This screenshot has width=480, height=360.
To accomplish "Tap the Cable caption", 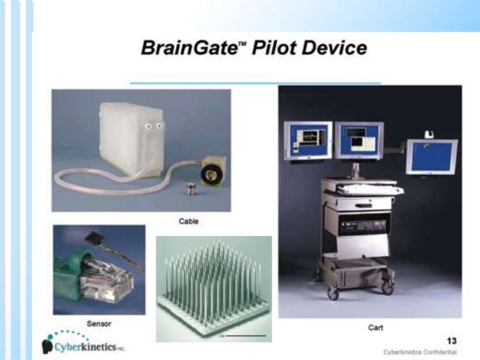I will pos(189,221).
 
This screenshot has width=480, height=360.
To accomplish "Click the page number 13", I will pos(452,340).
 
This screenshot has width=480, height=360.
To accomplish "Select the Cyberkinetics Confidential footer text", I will pos(420,353).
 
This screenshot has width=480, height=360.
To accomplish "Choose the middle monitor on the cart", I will pos(359,140).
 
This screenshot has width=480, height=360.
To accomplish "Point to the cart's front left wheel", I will pos(334,293).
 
